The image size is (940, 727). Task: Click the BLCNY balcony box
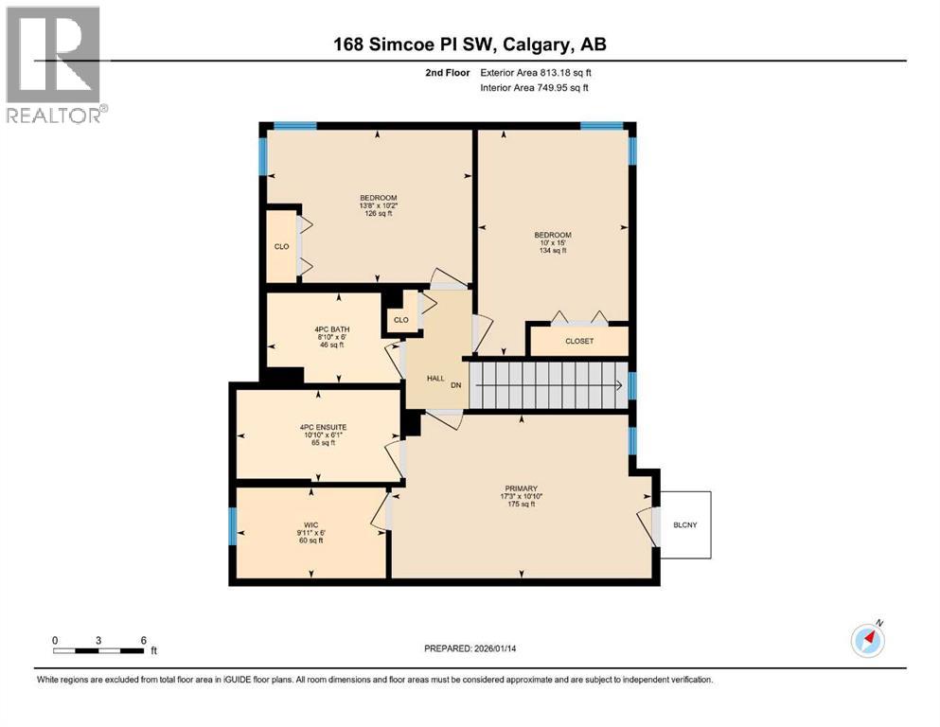tap(684, 524)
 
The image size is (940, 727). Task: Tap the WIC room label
tap(310, 523)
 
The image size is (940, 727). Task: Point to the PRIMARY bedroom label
tap(520, 489)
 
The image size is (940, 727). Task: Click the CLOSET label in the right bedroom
tap(579, 341)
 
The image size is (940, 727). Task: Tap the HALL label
tap(435, 378)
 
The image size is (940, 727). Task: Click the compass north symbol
tap(867, 641)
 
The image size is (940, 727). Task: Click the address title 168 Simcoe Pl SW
tap(470, 44)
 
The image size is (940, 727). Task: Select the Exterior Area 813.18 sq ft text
tap(541, 72)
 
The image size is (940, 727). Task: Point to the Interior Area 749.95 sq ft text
tap(541, 87)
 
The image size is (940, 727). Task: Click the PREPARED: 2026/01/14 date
tap(470, 648)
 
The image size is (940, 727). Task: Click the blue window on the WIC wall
tap(232, 526)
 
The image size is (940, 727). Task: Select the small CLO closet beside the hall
tap(401, 319)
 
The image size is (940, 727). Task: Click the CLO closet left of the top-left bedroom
tap(281, 246)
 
